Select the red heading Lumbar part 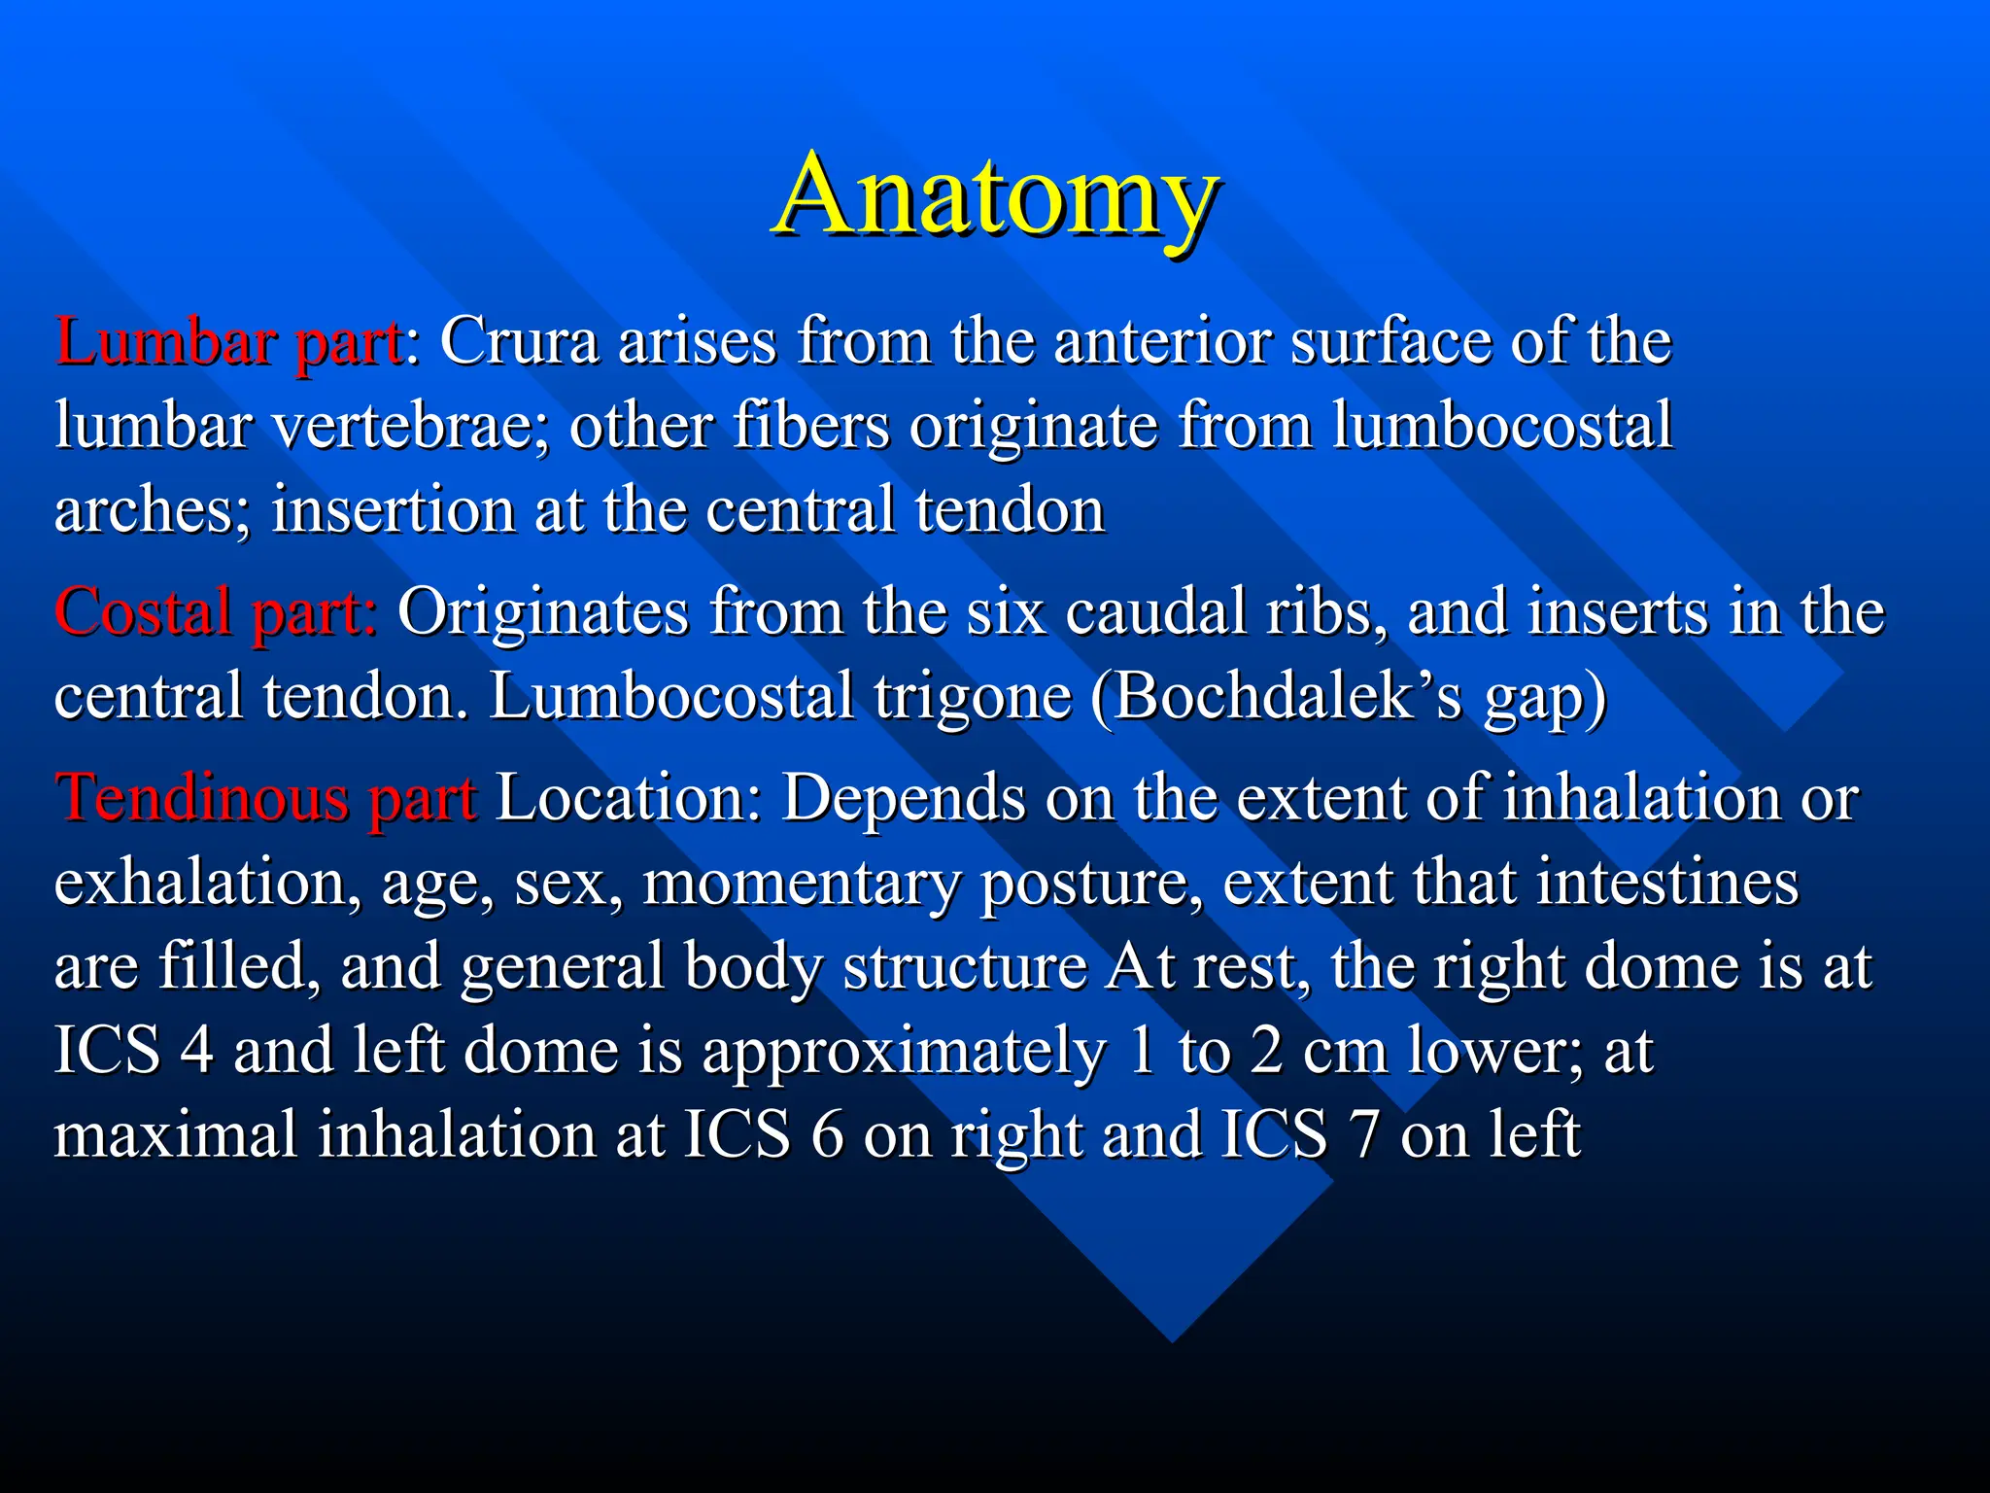(x=229, y=342)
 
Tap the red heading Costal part (x=215, y=612)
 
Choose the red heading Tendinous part (x=265, y=798)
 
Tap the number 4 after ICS (x=197, y=1051)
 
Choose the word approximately (x=904, y=1053)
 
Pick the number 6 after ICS (x=827, y=1134)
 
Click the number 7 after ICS (x=1363, y=1134)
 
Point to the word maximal (x=175, y=1134)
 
